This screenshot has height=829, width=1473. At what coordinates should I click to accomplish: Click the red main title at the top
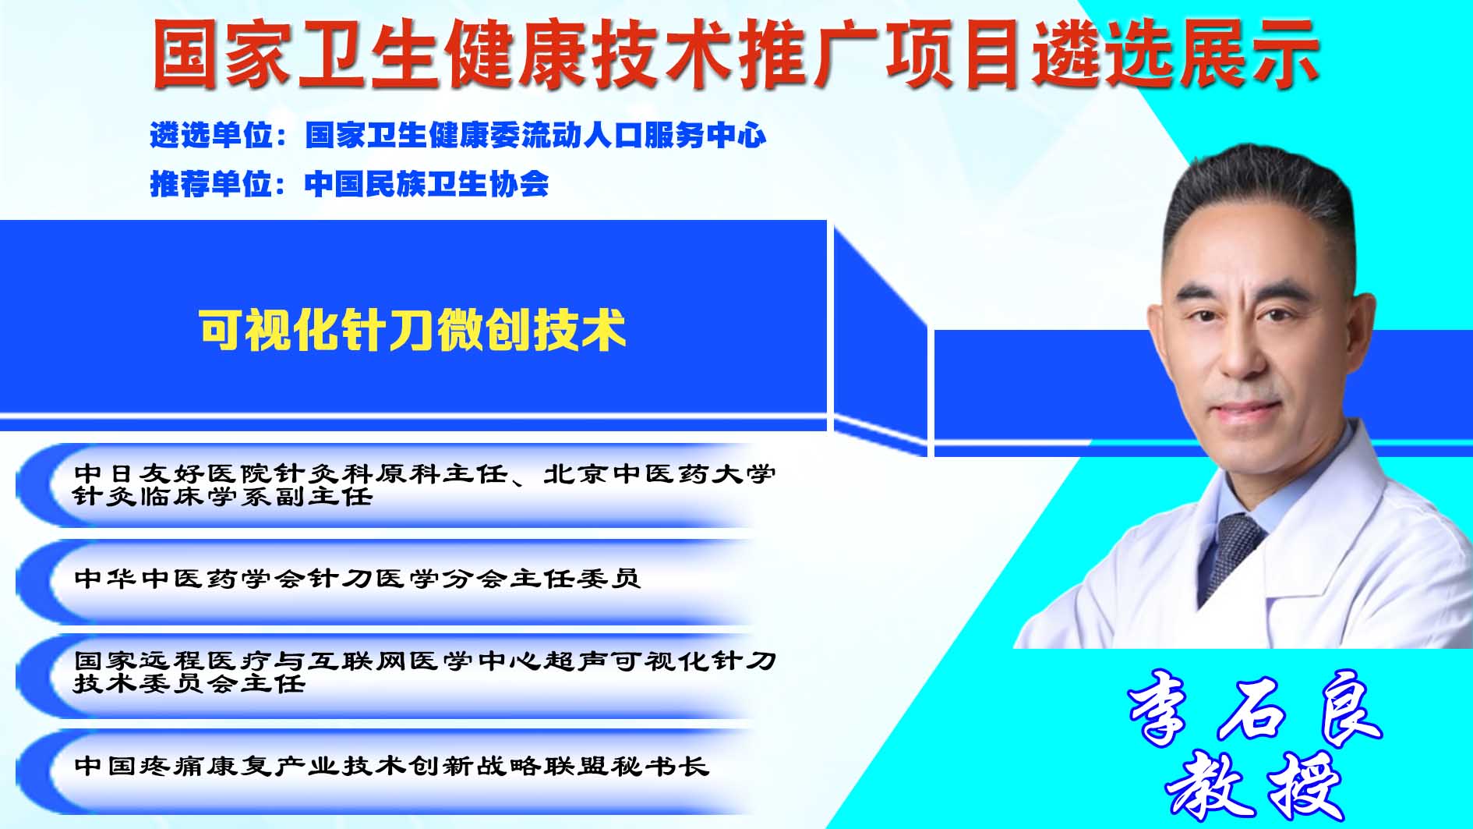coord(736,53)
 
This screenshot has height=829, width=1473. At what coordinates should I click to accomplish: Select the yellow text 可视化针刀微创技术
coord(413,330)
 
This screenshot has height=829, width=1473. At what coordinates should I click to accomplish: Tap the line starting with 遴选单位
coord(458,136)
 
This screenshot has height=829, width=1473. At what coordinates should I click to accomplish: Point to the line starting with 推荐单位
coord(349,184)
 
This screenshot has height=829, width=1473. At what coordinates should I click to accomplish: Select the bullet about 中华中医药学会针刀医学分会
coord(358,579)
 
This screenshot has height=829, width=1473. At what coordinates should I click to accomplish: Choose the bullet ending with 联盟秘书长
coord(392,766)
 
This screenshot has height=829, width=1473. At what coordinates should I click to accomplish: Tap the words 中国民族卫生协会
coord(427,184)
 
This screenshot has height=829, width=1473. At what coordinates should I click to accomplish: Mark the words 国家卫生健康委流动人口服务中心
coord(536,136)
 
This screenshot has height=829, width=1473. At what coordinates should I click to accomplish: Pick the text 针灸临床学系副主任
coord(223,496)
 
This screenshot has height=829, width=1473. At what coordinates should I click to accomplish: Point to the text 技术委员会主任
coord(189,683)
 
